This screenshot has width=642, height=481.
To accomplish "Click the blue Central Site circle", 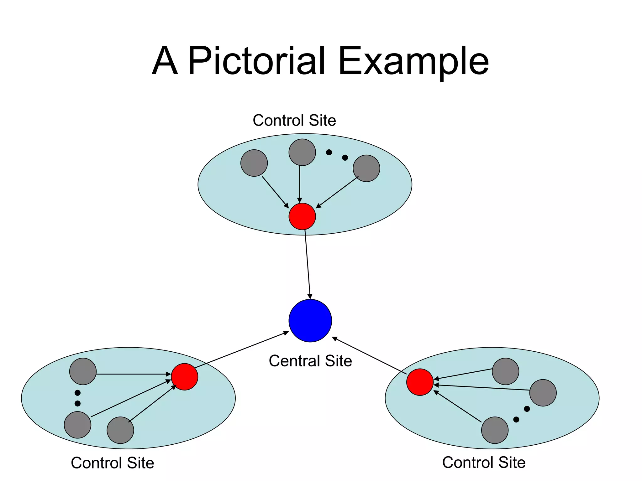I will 310,321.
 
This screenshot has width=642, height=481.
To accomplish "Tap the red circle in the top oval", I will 302,216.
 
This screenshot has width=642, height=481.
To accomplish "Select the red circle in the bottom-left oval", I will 185,377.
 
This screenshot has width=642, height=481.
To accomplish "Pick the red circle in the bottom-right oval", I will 420,382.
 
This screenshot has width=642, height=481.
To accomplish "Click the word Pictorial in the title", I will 256,61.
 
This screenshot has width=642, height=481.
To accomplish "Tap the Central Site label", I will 310,361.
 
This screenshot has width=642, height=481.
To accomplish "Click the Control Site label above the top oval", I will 294,120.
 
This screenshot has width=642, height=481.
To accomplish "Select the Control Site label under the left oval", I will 113,463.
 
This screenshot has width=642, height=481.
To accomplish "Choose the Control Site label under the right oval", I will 484,462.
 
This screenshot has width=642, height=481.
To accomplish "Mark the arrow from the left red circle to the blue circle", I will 241,349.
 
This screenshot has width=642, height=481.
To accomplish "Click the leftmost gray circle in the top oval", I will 254,163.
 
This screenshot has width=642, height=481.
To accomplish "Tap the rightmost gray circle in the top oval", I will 366,168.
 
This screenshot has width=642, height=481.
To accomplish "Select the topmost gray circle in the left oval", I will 83,371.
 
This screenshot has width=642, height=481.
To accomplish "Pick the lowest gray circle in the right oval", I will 495,430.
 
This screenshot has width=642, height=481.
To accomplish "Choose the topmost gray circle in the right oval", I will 505,371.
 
